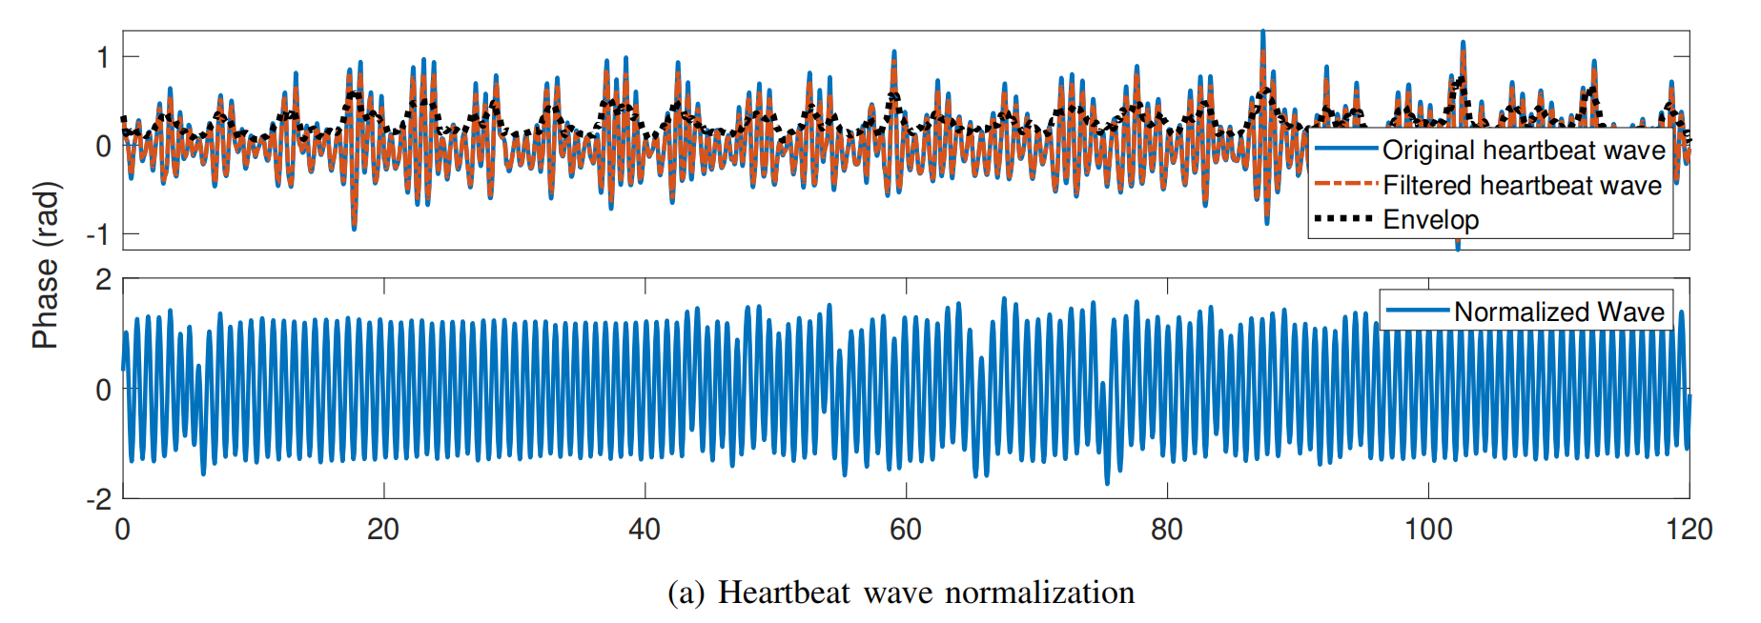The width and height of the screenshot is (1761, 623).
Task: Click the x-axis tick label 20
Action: point(383,530)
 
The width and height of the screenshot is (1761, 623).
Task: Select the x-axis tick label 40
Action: point(645,530)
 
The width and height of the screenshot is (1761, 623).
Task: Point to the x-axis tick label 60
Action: point(906,530)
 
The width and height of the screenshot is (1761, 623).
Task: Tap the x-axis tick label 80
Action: point(1167,530)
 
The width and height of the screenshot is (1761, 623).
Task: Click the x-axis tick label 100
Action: point(1428,530)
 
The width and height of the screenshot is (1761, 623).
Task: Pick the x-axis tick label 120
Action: point(1689,530)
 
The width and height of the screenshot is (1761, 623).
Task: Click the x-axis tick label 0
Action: point(123,530)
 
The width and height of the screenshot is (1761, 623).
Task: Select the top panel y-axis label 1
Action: point(103,58)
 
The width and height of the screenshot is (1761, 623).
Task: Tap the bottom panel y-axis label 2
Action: point(103,280)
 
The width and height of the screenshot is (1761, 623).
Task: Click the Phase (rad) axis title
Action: point(46,265)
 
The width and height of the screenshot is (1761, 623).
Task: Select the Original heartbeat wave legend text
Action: point(1524,151)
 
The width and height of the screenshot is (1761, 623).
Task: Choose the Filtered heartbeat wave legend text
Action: point(1522,186)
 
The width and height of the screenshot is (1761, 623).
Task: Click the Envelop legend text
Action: point(1431,220)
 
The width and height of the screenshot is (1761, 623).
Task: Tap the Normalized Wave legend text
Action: point(1559,311)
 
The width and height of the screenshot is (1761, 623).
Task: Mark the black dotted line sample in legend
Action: point(1344,219)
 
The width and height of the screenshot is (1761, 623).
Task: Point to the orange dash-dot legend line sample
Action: point(1344,185)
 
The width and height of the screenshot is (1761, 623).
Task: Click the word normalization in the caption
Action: point(1040,593)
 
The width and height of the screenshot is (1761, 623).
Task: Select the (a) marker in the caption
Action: point(686,593)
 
